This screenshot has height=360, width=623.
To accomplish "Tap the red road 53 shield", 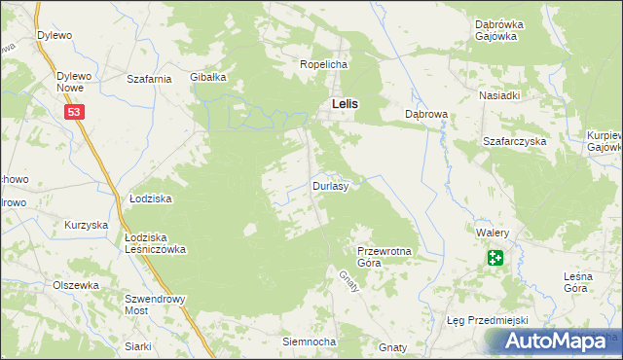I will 75,113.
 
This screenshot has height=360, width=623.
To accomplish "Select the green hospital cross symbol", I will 495,258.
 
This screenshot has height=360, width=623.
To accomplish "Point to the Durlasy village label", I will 330,185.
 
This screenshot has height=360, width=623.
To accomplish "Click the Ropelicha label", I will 323,64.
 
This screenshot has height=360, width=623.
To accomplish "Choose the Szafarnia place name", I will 150,79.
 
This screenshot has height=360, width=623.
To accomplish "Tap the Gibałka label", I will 208,77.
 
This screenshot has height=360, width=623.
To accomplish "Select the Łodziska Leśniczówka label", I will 155,242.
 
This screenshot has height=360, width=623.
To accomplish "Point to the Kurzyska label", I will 85,225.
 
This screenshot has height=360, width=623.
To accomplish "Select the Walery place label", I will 494,234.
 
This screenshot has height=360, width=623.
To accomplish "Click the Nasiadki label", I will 499,96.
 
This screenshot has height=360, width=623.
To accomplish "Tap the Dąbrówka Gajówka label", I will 499,29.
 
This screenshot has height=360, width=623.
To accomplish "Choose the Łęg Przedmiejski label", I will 479,320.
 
